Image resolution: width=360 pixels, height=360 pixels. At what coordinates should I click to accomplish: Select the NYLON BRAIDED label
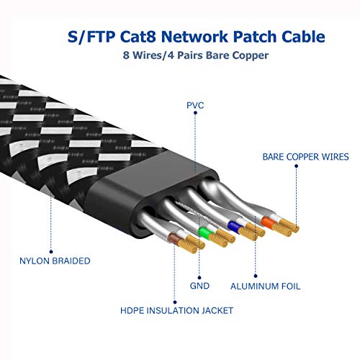pos(55,261)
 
